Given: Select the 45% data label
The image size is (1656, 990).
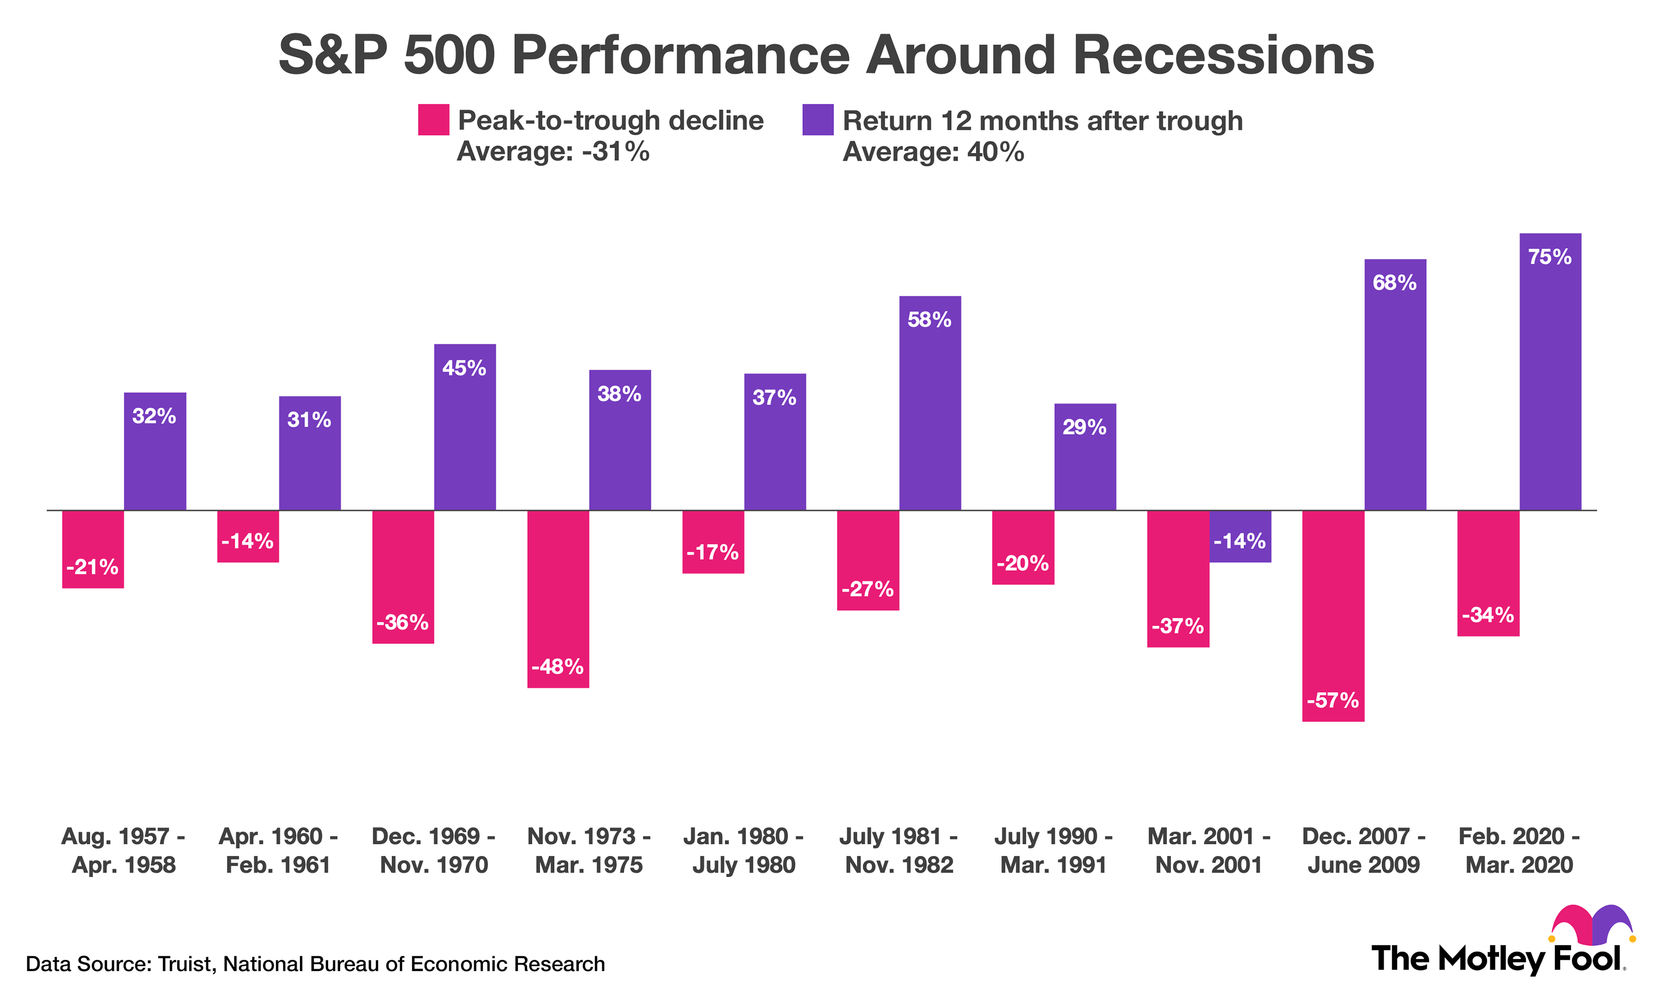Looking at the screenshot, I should click(x=464, y=368).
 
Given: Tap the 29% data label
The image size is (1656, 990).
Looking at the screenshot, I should click(x=1084, y=427).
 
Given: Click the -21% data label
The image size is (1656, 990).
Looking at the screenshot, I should click(x=92, y=567).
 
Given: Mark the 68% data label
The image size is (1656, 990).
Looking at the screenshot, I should click(x=1395, y=283).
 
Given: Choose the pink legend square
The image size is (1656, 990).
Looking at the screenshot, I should click(x=433, y=120).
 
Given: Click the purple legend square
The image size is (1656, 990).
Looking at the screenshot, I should click(x=817, y=120).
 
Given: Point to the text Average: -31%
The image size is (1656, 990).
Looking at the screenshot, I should click(x=552, y=152).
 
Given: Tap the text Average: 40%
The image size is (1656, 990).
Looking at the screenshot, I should click(x=933, y=152).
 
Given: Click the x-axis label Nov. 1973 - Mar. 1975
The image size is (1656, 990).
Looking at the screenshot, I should click(x=589, y=850).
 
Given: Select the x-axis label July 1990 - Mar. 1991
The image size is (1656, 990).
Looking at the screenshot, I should click(x=1054, y=850).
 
